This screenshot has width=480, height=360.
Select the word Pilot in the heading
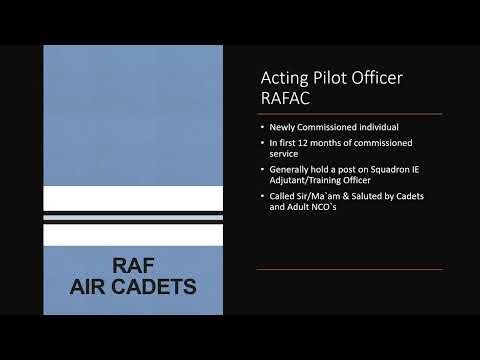click(338, 77)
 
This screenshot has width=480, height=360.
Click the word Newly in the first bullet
click(281, 129)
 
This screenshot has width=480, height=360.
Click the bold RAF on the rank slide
click(133, 267)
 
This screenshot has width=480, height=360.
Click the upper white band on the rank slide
click(133, 199)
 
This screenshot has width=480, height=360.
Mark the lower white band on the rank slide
click(133, 235)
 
